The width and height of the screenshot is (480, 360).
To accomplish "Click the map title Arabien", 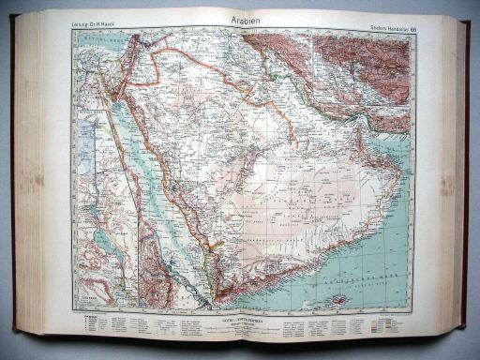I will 241,18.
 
